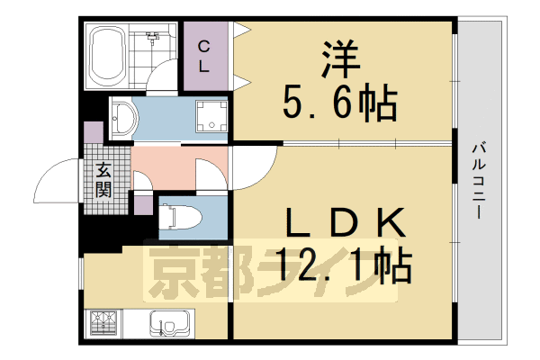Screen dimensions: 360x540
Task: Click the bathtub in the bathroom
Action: point(108,56)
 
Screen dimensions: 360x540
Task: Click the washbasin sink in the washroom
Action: point(123,117)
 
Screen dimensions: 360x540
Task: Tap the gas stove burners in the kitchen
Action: point(103,321)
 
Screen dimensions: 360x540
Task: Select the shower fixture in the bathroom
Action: point(156,38)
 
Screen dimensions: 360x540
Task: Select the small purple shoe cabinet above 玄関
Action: point(94,133)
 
